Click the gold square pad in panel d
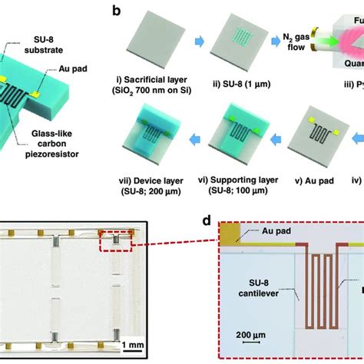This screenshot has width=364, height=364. [x=229, y=233]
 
